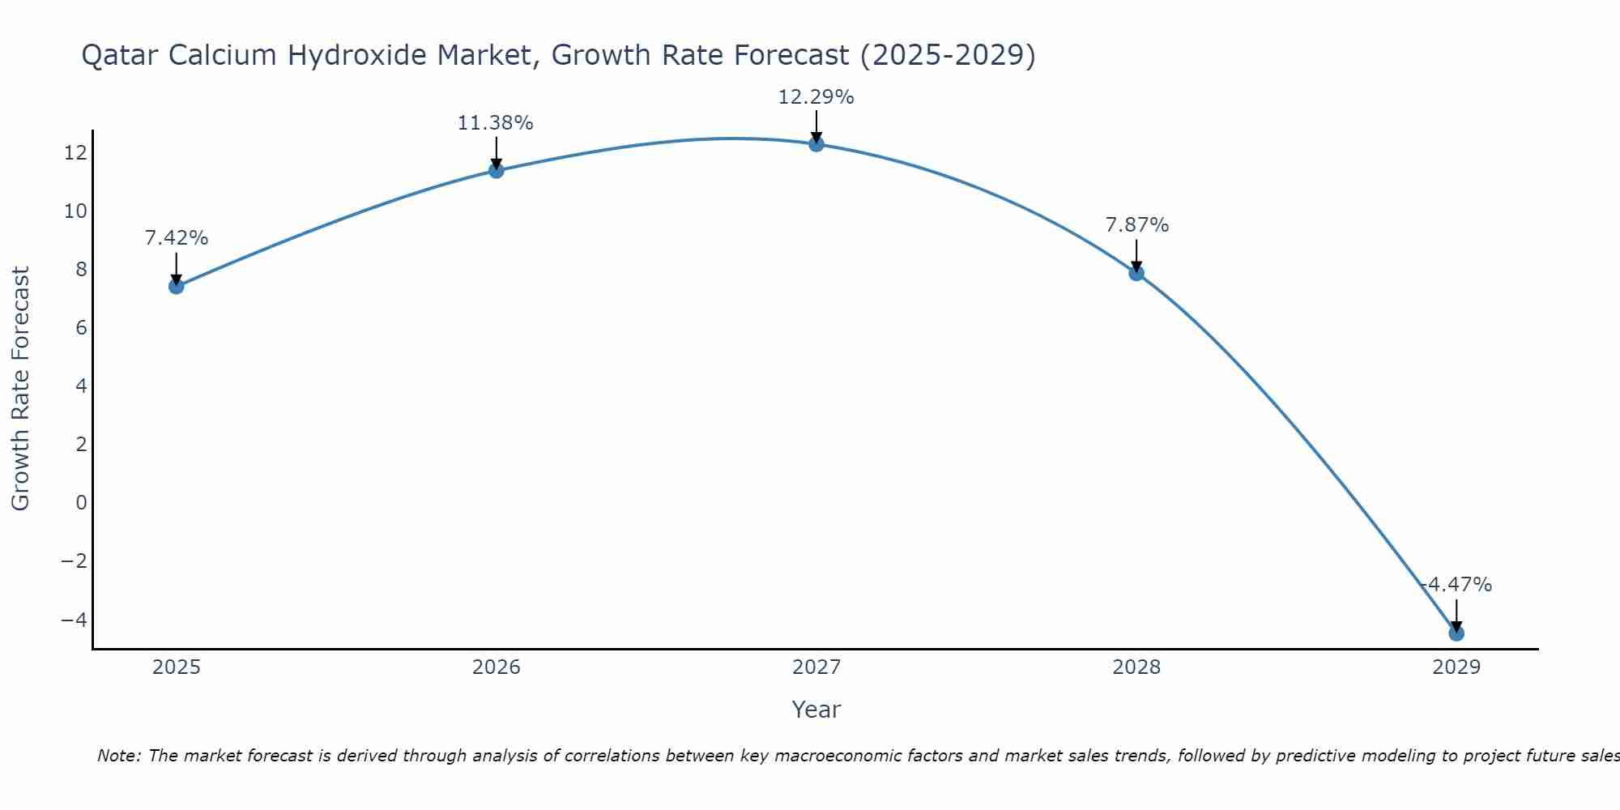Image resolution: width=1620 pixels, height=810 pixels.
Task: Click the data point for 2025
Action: coord(177,286)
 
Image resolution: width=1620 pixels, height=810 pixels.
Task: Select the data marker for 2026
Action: coord(497,170)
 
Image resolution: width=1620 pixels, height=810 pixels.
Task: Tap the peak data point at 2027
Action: coord(816,144)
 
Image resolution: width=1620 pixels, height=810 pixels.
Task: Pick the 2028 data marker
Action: coord(1136,273)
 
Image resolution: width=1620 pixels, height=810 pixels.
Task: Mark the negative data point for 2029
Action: coord(1456,633)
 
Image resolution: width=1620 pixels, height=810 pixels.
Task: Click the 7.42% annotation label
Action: coord(177,238)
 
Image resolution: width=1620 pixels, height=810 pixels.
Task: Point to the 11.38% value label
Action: coord(496,123)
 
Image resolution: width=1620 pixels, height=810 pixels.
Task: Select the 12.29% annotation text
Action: coord(816,97)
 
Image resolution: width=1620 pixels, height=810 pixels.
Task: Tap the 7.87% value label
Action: coord(1137,225)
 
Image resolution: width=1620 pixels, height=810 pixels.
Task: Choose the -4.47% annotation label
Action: coord(1456,585)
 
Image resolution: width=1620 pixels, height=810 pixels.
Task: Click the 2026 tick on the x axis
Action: coord(497,667)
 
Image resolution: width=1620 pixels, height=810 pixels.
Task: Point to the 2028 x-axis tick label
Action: coord(1136,667)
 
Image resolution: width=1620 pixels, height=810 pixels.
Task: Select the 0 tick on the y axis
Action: coord(81,502)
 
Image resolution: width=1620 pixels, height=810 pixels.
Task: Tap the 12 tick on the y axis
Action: coord(76,152)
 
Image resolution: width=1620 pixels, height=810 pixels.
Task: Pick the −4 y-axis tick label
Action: coord(74,620)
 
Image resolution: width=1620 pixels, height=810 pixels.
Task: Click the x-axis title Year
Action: coord(816,710)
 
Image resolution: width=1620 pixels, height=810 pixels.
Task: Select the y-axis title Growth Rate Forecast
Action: coord(21,389)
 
